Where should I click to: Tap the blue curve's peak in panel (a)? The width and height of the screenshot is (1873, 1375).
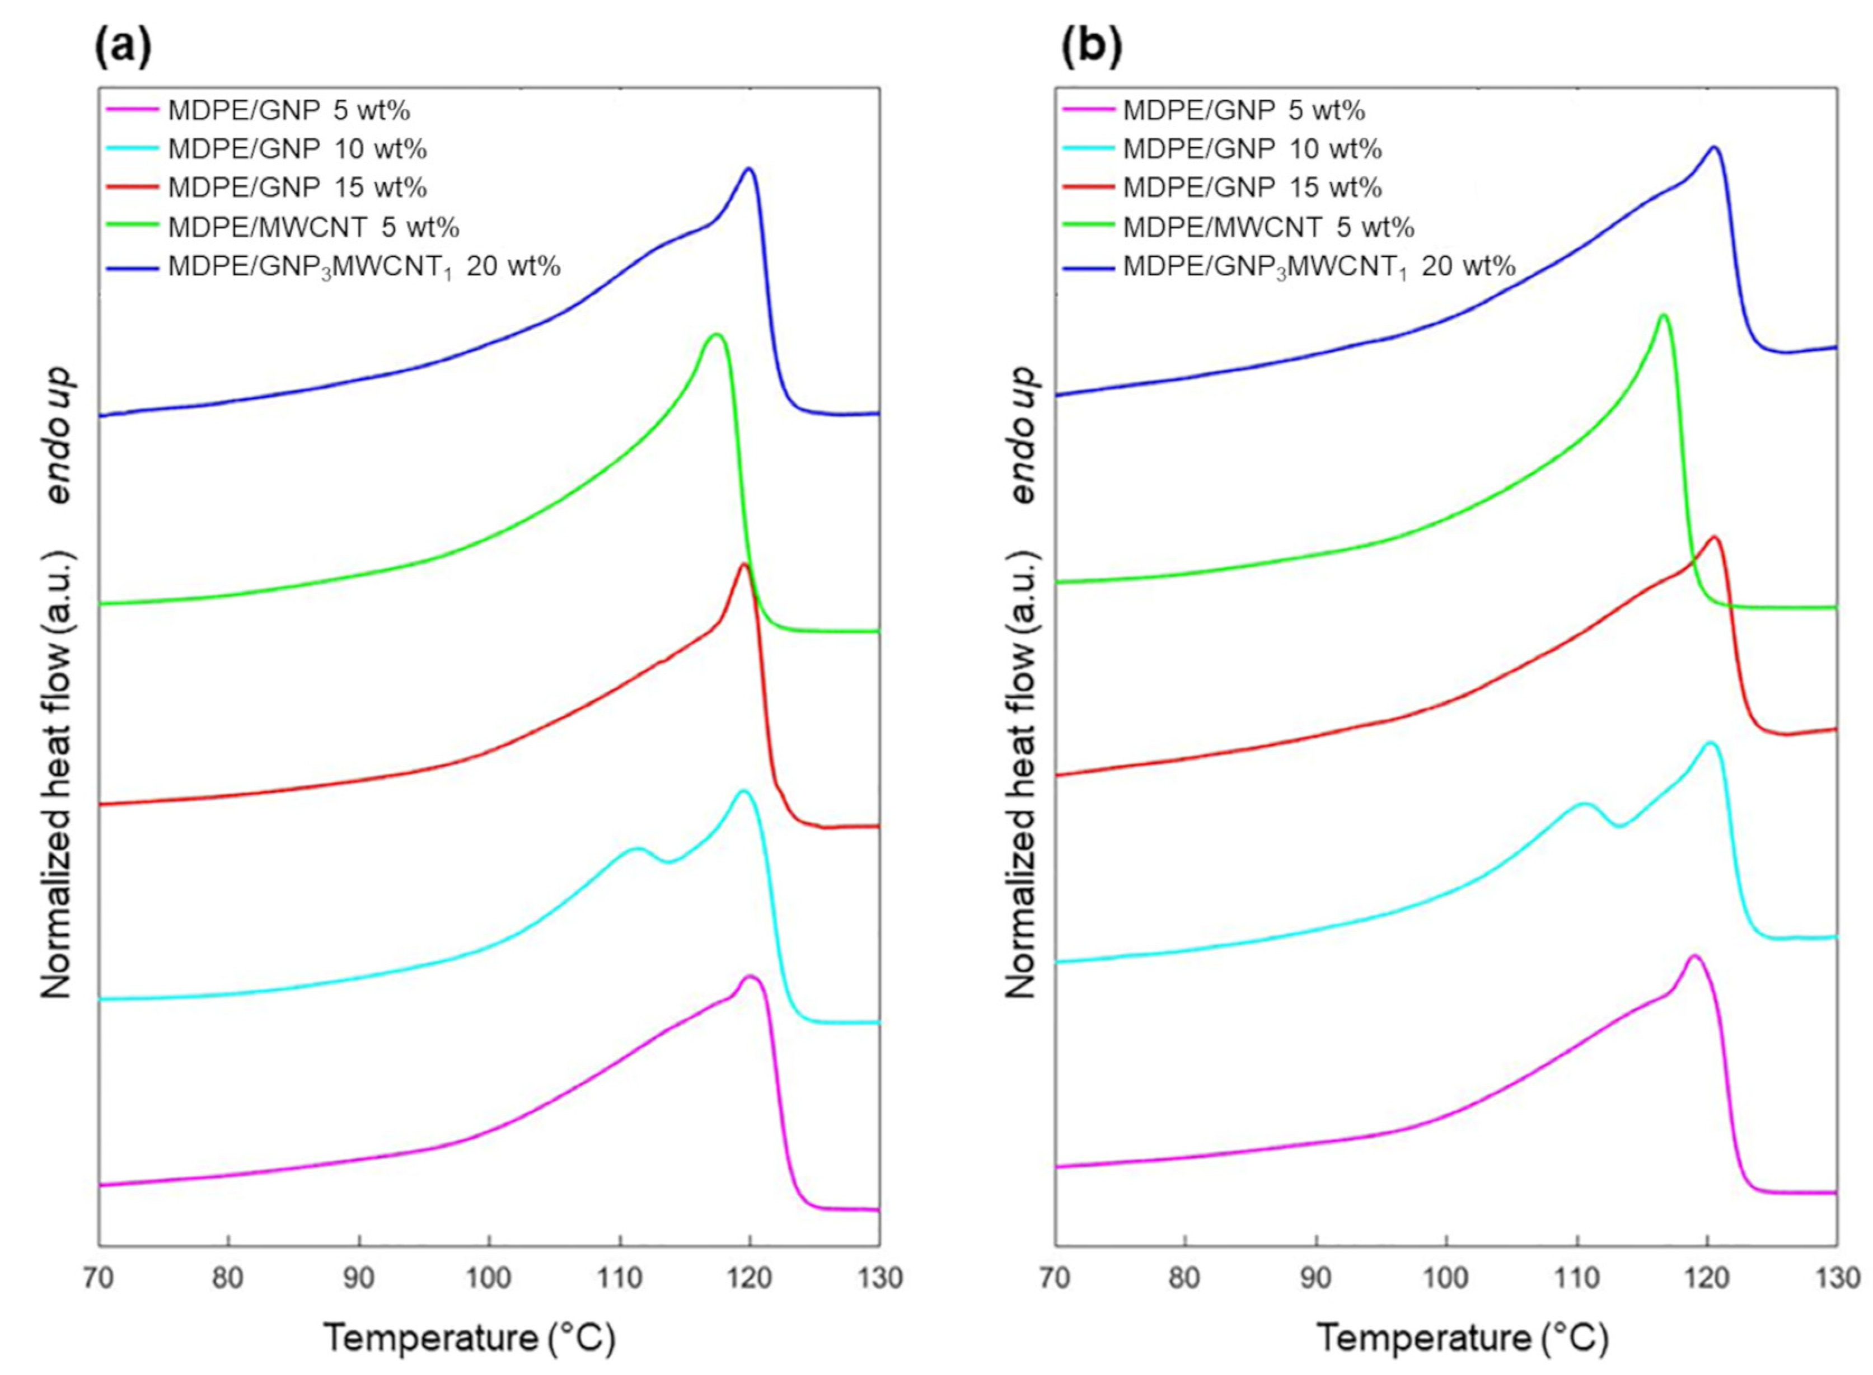click(749, 169)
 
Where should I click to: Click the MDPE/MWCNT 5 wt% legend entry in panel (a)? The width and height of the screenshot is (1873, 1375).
click(313, 227)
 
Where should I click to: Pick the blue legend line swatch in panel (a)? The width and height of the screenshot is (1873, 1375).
click(132, 266)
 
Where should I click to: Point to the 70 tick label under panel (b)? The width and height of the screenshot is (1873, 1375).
click(1054, 1278)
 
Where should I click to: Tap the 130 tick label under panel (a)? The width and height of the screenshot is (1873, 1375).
click(879, 1278)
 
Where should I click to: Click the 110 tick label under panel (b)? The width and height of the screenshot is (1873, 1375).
click(1577, 1278)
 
